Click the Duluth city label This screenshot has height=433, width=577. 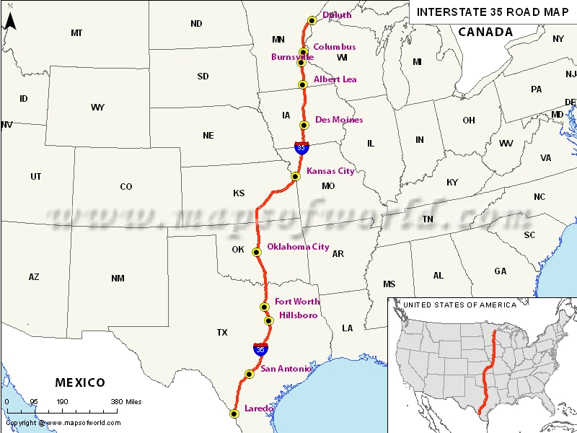pyautogui.click(x=337, y=14)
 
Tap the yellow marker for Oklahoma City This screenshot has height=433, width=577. pyautogui.click(x=256, y=252)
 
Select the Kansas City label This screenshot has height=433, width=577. pyautogui.click(x=330, y=171)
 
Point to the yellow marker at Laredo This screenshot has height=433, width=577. pyautogui.click(x=234, y=414)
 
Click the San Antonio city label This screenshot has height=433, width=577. pyautogui.click(x=286, y=369)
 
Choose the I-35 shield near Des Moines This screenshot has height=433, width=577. pyautogui.click(x=302, y=147)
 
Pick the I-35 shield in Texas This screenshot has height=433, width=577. pyautogui.click(x=260, y=349)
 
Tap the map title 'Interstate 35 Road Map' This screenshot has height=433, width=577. pyautogui.click(x=493, y=12)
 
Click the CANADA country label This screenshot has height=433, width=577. pyautogui.click(x=485, y=32)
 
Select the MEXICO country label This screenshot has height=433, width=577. pyautogui.click(x=80, y=382)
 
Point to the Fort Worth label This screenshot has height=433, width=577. pyautogui.click(x=296, y=301)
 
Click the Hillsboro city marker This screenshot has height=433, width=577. pyautogui.click(x=268, y=320)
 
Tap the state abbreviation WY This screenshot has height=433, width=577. pyautogui.click(x=97, y=108)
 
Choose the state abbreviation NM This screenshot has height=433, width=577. pyautogui.click(x=118, y=278)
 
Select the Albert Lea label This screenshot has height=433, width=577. pyautogui.click(x=335, y=79)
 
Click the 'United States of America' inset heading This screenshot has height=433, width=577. pyautogui.click(x=459, y=305)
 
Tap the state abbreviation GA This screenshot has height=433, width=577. pyautogui.click(x=500, y=271)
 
